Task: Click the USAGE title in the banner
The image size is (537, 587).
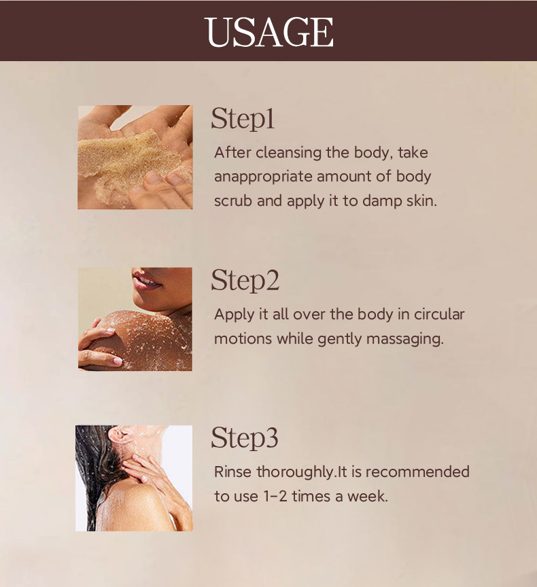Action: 268,32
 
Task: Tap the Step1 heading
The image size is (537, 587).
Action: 242,119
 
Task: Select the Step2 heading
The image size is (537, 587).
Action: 245,281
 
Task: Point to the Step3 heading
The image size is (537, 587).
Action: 245,438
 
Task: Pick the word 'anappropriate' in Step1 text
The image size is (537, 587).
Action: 263,177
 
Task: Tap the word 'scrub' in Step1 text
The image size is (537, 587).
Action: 233,201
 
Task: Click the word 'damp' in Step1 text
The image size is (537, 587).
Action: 382,202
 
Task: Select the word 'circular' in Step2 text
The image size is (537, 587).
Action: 439,315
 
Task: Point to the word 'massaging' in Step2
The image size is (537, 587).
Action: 404,340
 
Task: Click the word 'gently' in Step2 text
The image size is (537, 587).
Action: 340,340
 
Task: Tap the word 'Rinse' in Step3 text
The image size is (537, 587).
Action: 232,472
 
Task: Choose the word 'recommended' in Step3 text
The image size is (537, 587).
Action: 417,472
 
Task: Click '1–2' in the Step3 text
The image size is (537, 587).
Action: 275,497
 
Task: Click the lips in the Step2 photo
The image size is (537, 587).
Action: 146,281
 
